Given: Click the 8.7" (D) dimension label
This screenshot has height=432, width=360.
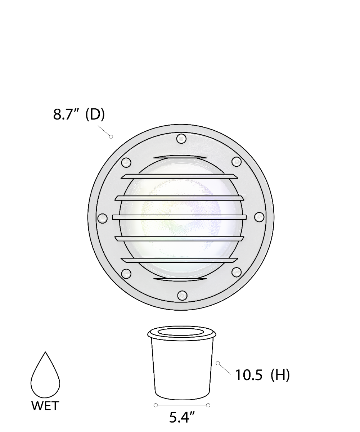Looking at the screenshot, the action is [79, 114].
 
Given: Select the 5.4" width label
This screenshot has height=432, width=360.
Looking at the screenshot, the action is [182, 417].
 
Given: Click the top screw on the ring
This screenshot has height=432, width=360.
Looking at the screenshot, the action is [181, 139].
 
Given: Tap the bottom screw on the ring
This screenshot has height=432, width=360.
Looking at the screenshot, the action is [182, 295].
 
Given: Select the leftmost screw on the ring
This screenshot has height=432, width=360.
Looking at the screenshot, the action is [102, 218].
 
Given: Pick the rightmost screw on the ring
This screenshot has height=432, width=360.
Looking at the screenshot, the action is [259, 217].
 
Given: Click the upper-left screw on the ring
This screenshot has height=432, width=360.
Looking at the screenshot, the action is [126, 162].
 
